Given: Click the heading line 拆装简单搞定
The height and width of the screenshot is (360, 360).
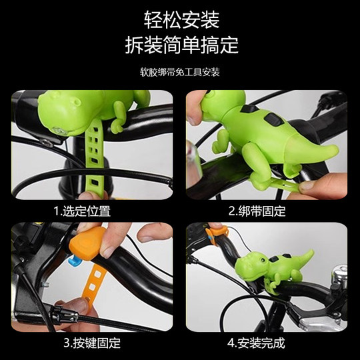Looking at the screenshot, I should click(181, 45).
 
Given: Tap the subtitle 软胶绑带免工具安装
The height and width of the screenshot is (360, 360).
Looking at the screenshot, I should click(181, 71).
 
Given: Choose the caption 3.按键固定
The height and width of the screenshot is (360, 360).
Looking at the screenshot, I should click(92, 343).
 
